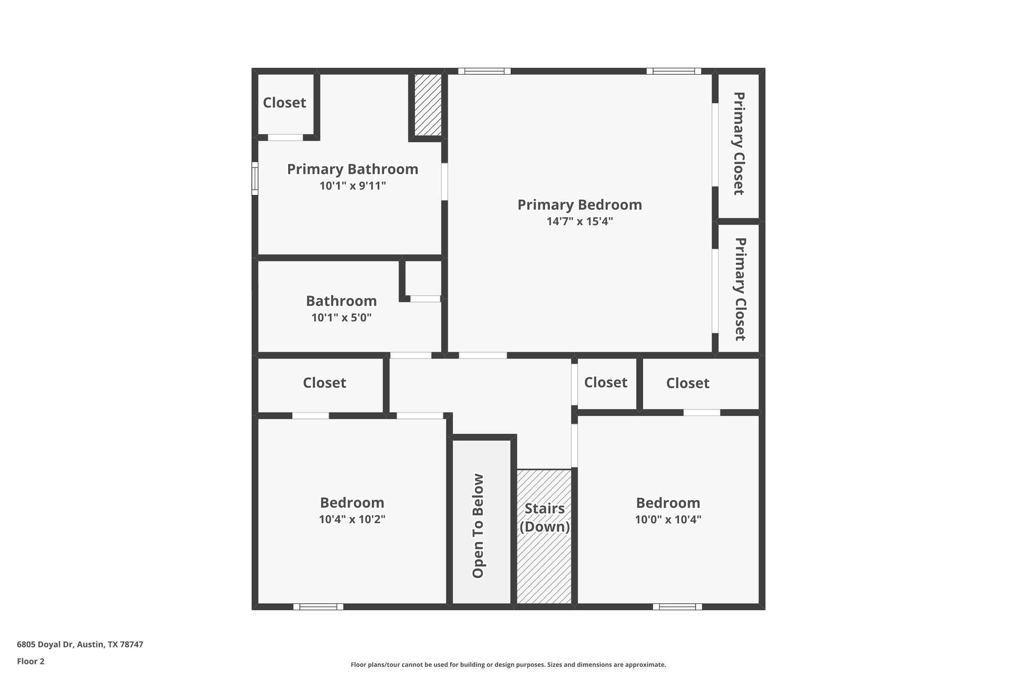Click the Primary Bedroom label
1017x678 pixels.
[579, 204]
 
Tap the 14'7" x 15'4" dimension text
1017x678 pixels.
[579, 221]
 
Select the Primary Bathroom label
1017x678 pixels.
[352, 169]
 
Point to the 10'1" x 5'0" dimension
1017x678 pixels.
[341, 318]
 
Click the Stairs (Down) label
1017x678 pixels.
[545, 518]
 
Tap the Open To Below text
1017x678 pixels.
[478, 525]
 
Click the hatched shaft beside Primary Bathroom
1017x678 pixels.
[427, 104]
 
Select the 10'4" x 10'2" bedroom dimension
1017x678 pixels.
[352, 519]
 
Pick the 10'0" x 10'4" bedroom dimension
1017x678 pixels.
[668, 520]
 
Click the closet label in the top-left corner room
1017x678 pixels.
[284, 103]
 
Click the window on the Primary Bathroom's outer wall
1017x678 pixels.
[255, 178]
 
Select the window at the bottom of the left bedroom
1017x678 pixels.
[318, 606]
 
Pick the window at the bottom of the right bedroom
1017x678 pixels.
[677, 606]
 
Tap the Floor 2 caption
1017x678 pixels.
[31, 661]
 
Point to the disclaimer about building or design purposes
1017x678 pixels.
[508, 665]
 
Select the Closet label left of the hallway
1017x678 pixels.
[324, 383]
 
